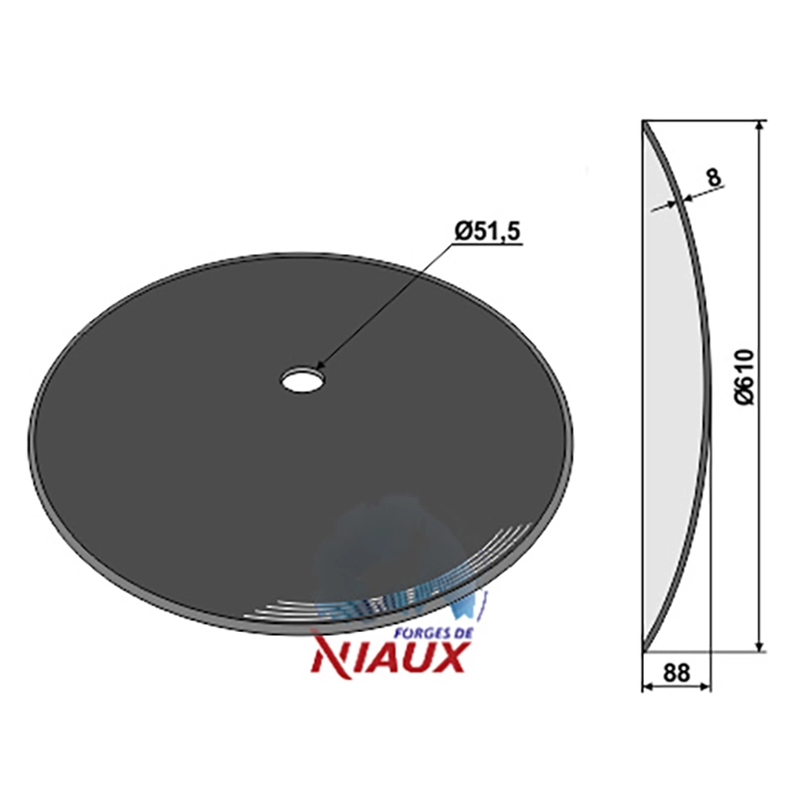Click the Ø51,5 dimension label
[488, 233]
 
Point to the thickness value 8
[714, 178]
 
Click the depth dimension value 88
[677, 674]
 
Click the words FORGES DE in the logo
[434, 633]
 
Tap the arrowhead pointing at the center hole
[319, 365]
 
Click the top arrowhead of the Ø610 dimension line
[759, 127]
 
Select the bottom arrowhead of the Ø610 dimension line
[759, 645]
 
